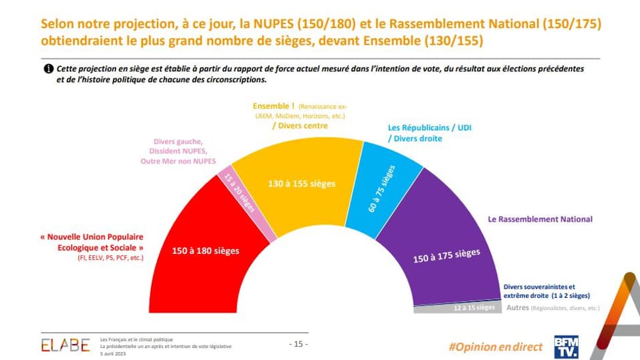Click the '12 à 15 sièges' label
pos(474,307)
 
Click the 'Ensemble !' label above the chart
pos(274,106)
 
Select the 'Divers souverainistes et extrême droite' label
pos(539,291)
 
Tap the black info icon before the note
pos(48,69)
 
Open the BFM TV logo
pos(567,345)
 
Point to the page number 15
pos(298,344)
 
